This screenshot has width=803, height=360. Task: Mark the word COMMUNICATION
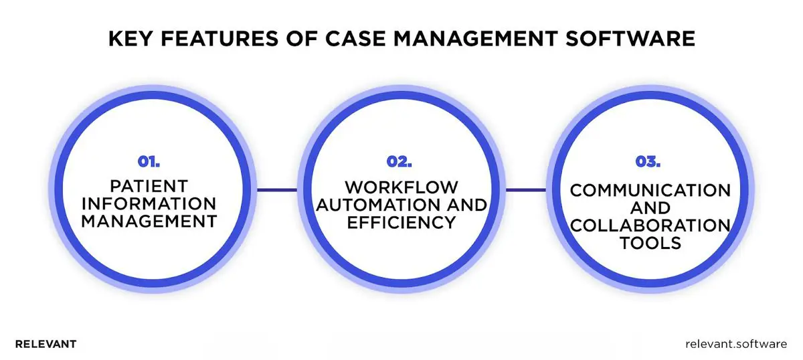click(x=650, y=191)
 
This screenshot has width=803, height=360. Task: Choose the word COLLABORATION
click(x=650, y=226)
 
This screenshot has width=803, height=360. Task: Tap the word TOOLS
click(x=650, y=244)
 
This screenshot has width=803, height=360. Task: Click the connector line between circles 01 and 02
click(x=277, y=189)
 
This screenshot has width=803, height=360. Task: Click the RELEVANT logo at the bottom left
click(x=46, y=344)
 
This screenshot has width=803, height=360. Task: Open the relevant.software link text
click(x=736, y=344)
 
